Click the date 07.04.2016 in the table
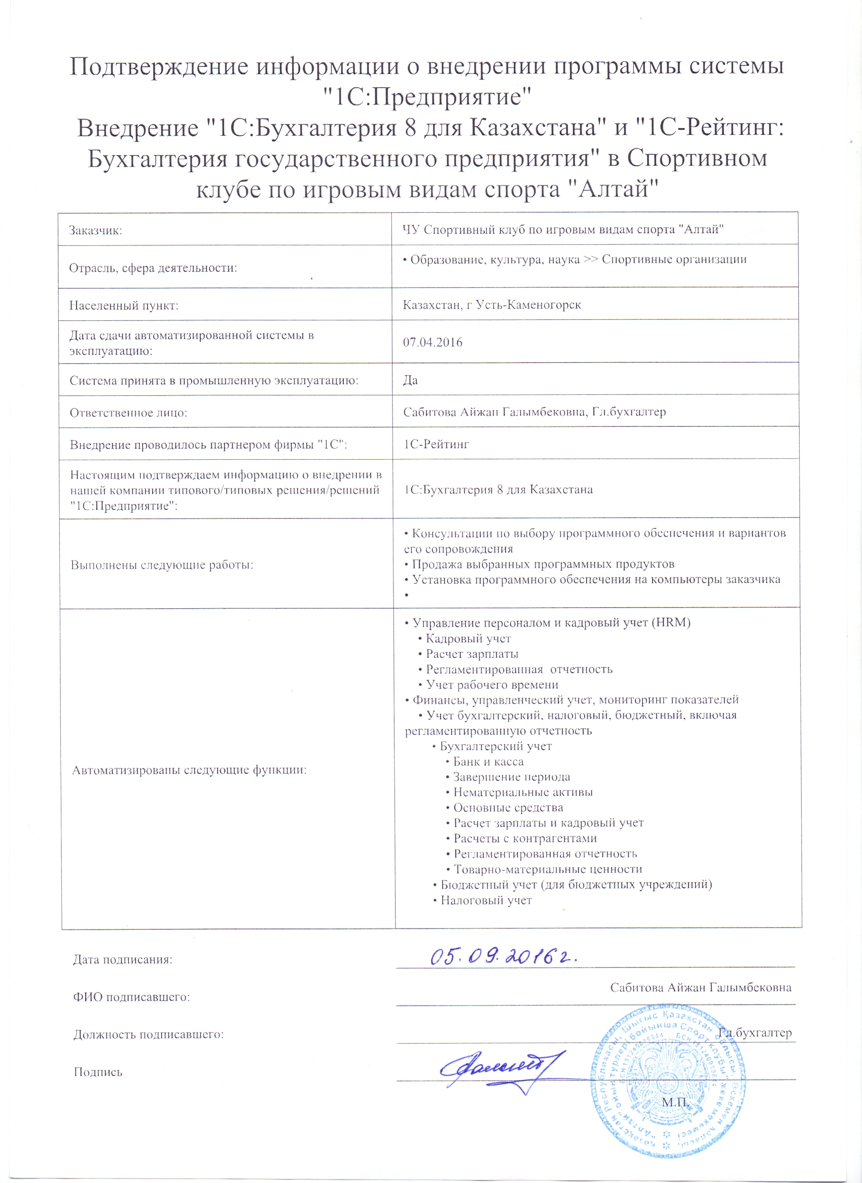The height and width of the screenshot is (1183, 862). point(432,343)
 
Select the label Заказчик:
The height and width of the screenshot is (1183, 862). point(95,230)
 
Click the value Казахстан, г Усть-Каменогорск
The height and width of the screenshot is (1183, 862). point(491,305)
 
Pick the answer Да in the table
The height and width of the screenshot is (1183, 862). point(410,380)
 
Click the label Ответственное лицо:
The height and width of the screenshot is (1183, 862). point(128,413)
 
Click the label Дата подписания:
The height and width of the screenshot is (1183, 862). point(123,959)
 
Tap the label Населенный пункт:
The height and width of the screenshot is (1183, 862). point(124,306)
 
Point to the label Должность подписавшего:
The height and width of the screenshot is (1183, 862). point(149,1034)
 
